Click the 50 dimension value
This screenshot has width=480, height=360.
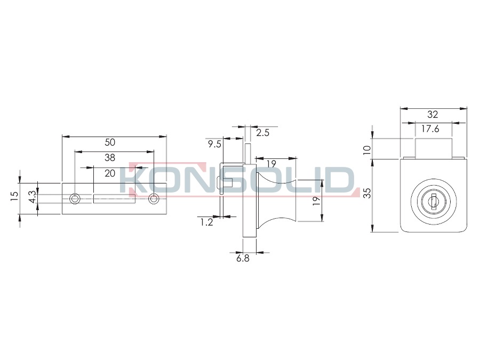click(110, 142)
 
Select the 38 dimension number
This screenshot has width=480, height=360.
click(110, 158)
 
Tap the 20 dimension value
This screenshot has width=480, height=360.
click(110, 173)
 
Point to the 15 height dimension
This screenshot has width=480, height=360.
click(14, 196)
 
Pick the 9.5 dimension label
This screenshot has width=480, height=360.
click(214, 144)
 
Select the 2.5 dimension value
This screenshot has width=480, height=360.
click(262, 133)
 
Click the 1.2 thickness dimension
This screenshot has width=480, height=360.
click(206, 222)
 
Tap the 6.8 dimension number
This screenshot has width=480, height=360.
click(243, 258)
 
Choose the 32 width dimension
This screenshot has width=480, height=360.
click(433, 115)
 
